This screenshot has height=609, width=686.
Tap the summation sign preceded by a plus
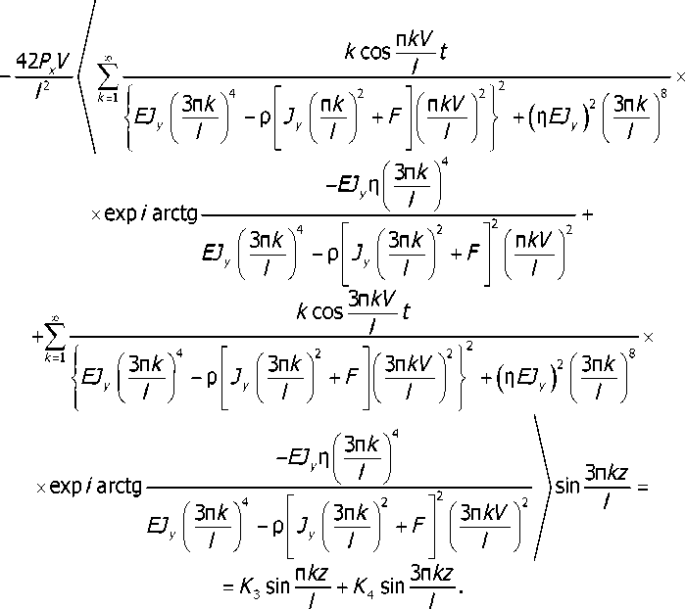(x=55, y=337)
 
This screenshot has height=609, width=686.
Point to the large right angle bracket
(x=540, y=485)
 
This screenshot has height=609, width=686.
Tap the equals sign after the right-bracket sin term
(x=643, y=485)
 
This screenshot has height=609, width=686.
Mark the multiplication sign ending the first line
(x=678, y=75)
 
